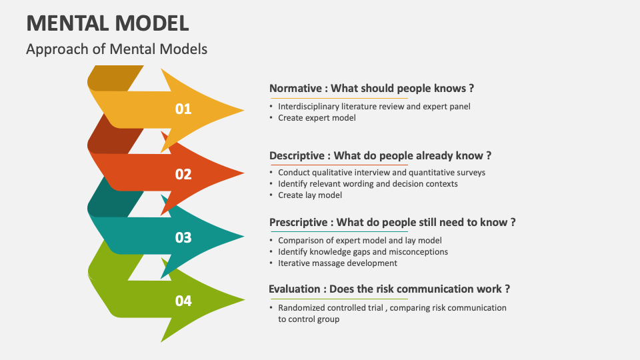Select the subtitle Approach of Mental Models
[117, 49]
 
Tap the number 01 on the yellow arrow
[183, 109]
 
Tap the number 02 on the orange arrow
[183, 175]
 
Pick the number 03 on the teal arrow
[183, 238]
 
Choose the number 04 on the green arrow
[183, 301]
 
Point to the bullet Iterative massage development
[337, 263]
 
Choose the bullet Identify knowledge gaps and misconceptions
[363, 251]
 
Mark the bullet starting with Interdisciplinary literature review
[374, 107]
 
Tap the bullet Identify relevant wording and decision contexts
[367, 184]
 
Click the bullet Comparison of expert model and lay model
[359, 240]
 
